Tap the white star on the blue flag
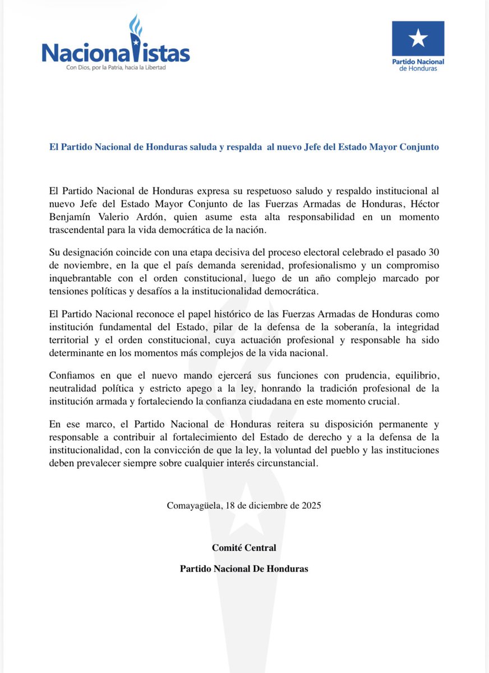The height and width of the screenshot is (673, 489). point(418,39)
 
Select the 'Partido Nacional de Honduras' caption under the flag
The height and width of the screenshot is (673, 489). point(418,64)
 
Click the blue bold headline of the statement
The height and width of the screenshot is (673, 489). point(244,147)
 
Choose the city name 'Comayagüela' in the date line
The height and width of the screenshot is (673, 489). point(194,505)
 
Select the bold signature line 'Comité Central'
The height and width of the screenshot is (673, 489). point(244,547)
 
